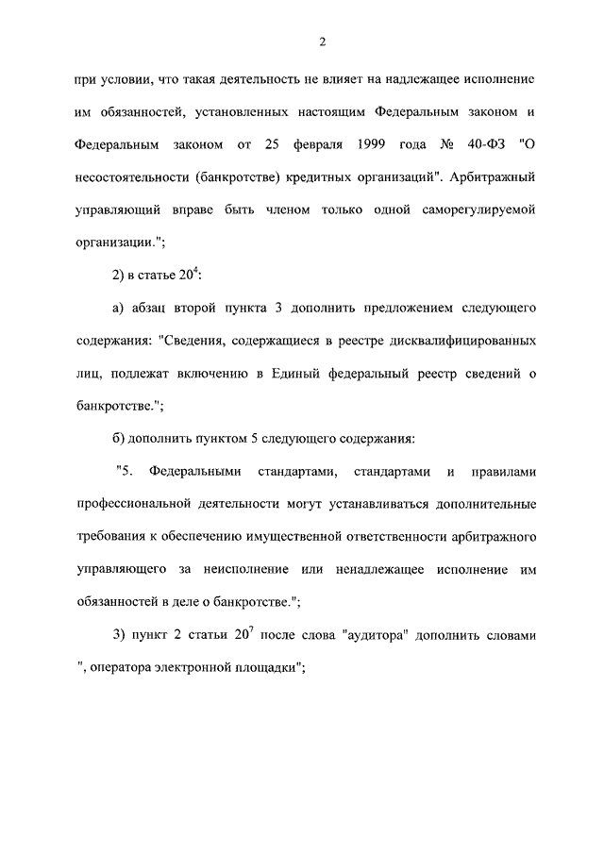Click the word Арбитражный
[495, 176]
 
